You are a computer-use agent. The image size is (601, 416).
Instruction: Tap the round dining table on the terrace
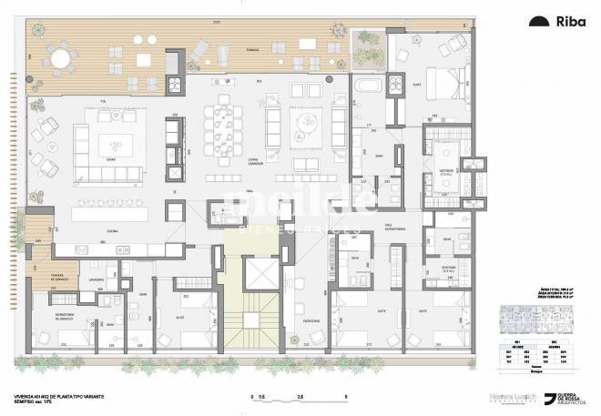[x=61, y=59]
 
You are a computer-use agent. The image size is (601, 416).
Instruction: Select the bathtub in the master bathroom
[x=368, y=86]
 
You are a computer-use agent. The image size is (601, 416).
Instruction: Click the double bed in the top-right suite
[x=443, y=84]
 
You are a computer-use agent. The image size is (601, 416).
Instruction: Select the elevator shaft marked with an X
[x=261, y=274]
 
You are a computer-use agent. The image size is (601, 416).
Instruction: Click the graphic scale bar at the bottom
[x=296, y=398]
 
